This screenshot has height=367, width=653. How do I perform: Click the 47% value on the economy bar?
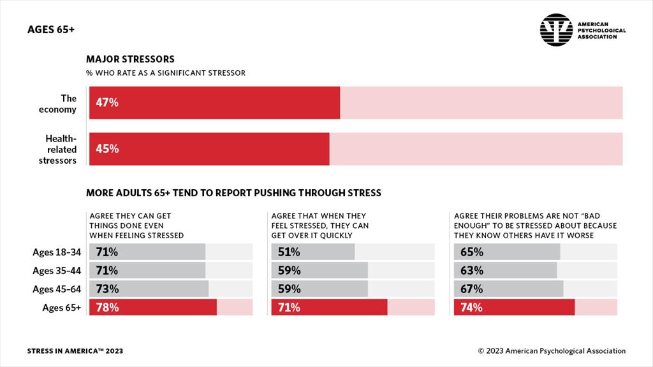pyautogui.click(x=107, y=103)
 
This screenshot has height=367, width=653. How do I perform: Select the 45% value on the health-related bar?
pyautogui.click(x=107, y=149)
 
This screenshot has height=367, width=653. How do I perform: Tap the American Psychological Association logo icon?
pyautogui.click(x=556, y=30)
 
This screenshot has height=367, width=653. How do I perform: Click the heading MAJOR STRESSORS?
pyautogui.click(x=130, y=59)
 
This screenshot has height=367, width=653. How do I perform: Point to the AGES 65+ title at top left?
pyautogui.click(x=51, y=30)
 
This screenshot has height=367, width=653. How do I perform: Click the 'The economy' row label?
pyautogui.click(x=64, y=104)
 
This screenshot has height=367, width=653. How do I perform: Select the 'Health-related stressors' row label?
pyautogui.click(x=61, y=149)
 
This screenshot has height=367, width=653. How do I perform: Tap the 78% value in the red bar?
pyautogui.click(x=107, y=308)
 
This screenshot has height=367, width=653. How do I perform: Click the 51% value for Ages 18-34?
pyautogui.click(x=289, y=252)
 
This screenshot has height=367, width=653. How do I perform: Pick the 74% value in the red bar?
pyautogui.click(x=471, y=308)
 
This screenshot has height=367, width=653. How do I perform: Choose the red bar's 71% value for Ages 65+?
pyautogui.click(x=289, y=308)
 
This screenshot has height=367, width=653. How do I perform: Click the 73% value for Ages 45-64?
pyautogui.click(x=107, y=289)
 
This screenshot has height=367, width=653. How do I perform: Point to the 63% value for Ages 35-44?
pyautogui.click(x=471, y=270)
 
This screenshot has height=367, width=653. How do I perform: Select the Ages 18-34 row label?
pyautogui.click(x=57, y=252)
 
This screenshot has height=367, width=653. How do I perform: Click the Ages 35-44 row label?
pyautogui.click(x=57, y=271)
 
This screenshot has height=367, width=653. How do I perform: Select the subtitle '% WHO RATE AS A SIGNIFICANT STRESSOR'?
pyautogui.click(x=166, y=73)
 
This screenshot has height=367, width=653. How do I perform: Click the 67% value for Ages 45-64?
pyautogui.click(x=471, y=289)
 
